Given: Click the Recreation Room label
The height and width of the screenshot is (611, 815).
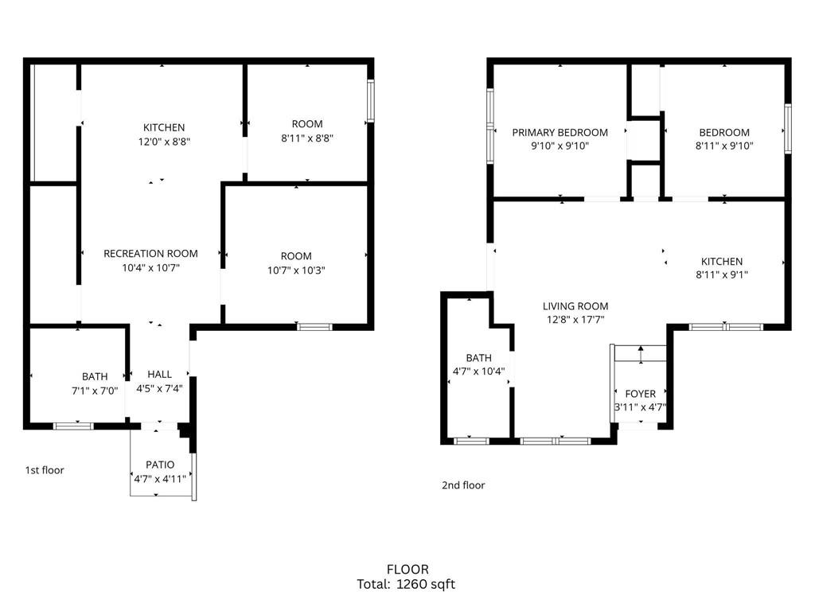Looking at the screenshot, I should click(150, 254).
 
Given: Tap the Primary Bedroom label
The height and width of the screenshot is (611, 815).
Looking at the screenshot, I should click(560, 133).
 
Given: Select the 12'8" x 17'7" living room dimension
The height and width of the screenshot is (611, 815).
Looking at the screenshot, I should click(575, 321).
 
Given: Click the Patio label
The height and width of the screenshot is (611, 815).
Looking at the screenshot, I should click(160, 465).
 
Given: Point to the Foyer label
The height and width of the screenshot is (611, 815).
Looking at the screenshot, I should click(641, 394).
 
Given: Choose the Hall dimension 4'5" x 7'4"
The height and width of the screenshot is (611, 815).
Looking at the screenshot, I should click(159, 388).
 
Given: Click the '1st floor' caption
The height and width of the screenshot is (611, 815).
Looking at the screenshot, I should click(45, 470).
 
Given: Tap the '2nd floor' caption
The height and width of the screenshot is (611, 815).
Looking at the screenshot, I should click(463, 485).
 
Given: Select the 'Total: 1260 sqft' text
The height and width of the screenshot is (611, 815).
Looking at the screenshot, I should click(407, 585).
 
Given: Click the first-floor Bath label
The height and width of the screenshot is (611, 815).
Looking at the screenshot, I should click(95, 376).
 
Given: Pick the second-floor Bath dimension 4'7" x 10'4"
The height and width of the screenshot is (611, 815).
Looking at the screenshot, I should click(479, 372).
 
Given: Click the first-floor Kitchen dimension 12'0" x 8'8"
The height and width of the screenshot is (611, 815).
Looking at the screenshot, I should click(164, 142).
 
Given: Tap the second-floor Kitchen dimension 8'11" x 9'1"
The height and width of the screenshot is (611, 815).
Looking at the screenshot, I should click(722, 275).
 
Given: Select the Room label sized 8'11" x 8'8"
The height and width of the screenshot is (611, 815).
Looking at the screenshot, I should click(307, 124).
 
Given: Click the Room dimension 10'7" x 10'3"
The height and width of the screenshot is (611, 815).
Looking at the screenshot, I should click(296, 270).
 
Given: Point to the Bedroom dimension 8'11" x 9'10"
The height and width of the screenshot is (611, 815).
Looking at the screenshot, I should click(724, 146).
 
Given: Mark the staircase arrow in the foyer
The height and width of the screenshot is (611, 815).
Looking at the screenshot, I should click(641, 353).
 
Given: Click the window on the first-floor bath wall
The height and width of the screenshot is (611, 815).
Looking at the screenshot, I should click(73, 426).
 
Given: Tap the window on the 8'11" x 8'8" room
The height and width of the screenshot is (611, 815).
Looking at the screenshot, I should click(371, 100).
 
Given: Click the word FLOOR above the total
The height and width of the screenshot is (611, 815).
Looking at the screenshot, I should click(407, 570).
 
